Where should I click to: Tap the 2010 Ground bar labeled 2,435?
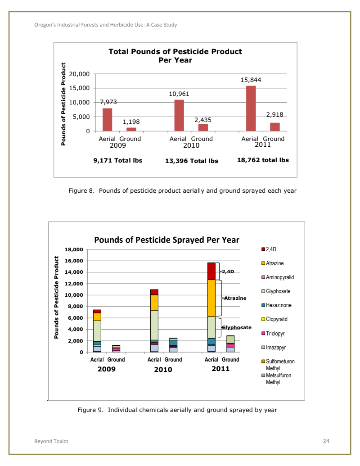203,127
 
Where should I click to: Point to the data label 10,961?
179,94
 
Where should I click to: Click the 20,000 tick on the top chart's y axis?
81,74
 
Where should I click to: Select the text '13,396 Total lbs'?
192,161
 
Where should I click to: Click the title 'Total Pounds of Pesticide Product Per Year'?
175,56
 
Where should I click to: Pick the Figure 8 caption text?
182,190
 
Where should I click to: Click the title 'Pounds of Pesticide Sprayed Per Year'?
166,240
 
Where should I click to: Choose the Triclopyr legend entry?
276,334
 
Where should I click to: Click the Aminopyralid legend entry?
279,277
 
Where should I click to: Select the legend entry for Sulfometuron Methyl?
279,364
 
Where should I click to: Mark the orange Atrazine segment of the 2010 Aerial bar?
154,303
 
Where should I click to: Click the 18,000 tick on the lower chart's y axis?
75,249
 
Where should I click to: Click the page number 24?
326,441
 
